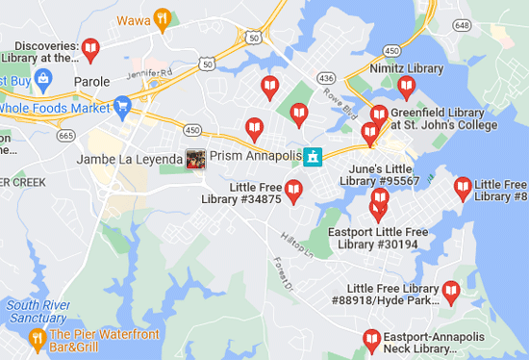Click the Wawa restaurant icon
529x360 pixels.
[164, 16]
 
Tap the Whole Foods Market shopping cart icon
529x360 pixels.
[122, 106]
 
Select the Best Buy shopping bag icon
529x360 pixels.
[41, 77]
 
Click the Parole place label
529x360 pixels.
[92, 82]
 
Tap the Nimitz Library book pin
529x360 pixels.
[406, 88]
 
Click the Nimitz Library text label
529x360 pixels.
[407, 68]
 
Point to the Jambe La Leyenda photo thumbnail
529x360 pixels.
[195, 159]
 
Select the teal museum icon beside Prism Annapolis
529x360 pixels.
[312, 156]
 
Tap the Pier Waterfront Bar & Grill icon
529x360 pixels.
[37, 337]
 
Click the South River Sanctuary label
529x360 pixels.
[37, 312]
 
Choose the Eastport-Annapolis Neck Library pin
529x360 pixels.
[371, 339]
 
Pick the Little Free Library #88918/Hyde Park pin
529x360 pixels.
[450, 292]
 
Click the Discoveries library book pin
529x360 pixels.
[90, 47]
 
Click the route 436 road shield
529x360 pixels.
[327, 77]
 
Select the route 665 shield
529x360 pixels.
[66, 137]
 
